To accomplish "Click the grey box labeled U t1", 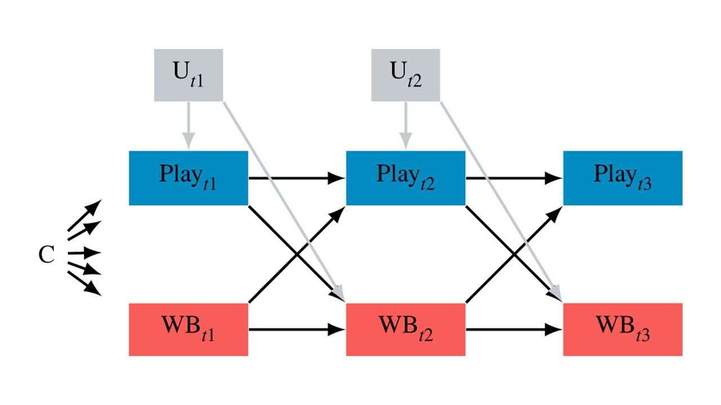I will click(x=188, y=75).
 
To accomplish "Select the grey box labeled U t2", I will click(x=405, y=75).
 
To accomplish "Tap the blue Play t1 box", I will click(x=188, y=178).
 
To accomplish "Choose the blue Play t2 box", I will click(x=405, y=178).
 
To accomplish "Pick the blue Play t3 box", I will click(x=622, y=178).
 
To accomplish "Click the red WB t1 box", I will click(x=188, y=329).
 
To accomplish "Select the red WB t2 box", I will click(x=405, y=329).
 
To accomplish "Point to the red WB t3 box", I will click(x=622, y=329).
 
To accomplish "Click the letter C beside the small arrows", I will click(x=46, y=255).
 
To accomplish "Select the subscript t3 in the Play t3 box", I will click(x=643, y=184).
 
